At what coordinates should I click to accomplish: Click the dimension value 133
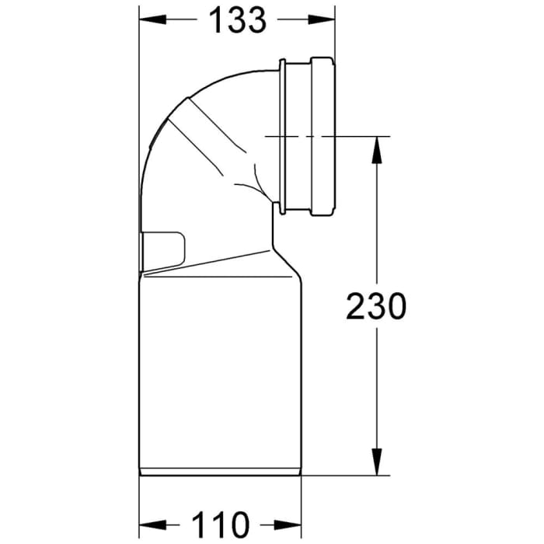(237, 21)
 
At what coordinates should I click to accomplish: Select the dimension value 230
(376, 307)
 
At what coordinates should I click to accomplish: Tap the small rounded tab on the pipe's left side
(165, 248)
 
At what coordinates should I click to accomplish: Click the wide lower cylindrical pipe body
(220, 373)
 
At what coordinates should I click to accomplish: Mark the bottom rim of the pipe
(220, 473)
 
